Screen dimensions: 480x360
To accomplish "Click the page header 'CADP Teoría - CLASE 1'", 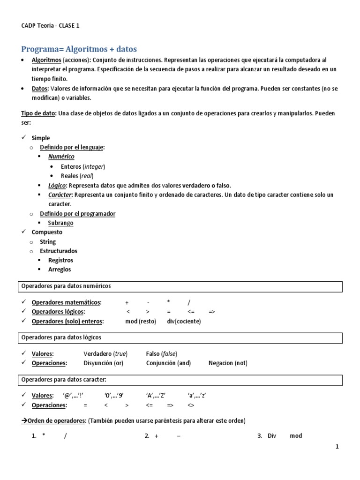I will (51, 26).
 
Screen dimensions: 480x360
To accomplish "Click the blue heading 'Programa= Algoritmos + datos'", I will (79, 49).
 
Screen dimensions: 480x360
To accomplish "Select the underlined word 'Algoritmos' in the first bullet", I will (46, 60).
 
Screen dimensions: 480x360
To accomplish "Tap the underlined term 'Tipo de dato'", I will (38, 114).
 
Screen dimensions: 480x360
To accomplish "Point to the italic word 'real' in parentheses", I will (86, 176).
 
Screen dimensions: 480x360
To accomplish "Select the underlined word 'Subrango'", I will (60, 223).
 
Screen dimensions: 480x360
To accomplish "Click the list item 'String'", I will (47, 242).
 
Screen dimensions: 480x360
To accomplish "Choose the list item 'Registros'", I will (60, 260).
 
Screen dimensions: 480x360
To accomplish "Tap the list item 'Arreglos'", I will (60, 270).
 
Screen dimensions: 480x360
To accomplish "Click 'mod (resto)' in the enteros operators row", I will (141, 322).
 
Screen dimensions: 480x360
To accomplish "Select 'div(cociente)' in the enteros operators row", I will (184, 322).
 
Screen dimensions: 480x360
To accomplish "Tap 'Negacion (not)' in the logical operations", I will (228, 363).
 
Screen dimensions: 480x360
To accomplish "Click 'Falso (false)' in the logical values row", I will (162, 354).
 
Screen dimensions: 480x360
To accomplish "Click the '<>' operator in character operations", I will (191, 405).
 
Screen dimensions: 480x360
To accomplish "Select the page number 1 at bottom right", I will (337, 447).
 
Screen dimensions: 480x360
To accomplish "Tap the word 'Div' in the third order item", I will (272, 436).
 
